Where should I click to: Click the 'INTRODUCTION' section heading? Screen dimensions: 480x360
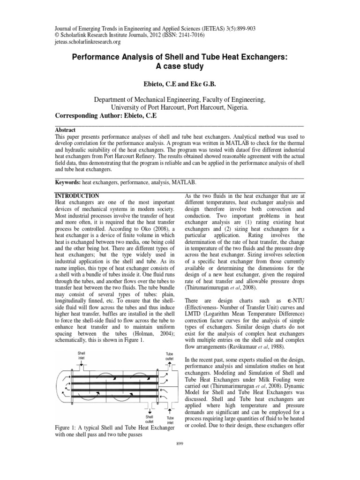77,195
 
